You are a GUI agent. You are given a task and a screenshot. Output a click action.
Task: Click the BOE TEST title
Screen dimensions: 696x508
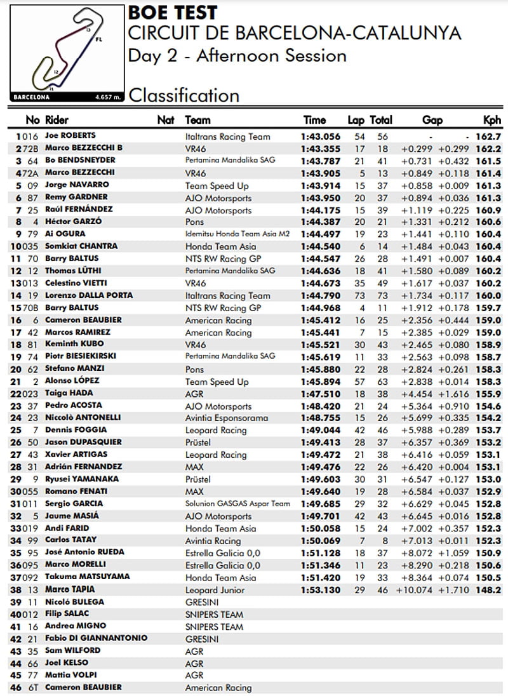[173, 12]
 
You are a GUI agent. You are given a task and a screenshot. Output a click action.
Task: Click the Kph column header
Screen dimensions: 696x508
[492, 119]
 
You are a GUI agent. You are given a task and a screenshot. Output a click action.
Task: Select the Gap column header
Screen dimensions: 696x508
[432, 119]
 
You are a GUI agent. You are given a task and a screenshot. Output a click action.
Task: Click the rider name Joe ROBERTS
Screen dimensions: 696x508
[70, 136]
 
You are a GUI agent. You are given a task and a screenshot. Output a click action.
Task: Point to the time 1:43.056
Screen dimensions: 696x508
[321, 136]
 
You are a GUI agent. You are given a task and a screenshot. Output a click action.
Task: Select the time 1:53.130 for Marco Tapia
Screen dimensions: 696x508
[321, 589]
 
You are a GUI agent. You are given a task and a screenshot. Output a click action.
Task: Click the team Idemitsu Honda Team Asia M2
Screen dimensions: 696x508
[237, 234]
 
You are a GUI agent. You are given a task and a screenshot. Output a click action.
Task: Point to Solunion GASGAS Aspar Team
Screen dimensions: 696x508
[237, 504]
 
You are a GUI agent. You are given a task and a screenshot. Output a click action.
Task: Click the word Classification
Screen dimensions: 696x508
[184, 96]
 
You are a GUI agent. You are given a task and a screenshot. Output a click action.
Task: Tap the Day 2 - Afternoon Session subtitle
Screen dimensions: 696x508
[237, 56]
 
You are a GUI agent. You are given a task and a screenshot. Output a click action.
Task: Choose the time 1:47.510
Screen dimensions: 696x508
[321, 393]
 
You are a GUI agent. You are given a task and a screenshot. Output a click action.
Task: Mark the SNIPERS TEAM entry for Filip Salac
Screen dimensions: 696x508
[214, 613]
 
